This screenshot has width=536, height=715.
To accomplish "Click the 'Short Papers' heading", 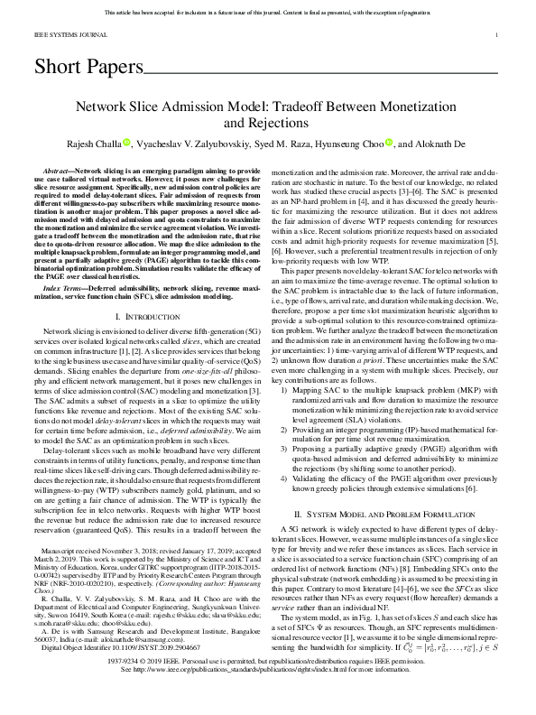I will click(x=88, y=67).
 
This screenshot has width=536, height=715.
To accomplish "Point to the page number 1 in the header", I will click(x=498, y=35).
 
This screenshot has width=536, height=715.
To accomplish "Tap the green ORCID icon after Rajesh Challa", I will click(x=127, y=142).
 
